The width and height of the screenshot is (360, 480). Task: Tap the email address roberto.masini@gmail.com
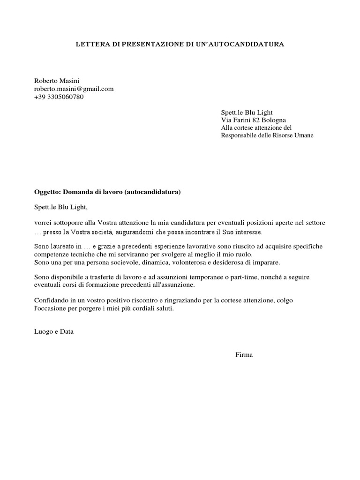pos(74,89)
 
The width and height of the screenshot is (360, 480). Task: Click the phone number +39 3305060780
pos(59,97)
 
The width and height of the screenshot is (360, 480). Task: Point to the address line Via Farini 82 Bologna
pos(253,120)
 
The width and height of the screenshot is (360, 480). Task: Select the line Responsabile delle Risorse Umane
pos(267,135)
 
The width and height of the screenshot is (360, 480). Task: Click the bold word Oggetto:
pos(47,192)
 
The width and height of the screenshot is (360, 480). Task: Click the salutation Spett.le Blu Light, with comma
pos(61,206)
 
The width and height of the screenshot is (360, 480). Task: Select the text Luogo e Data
pos(54,331)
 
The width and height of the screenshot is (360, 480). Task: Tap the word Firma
pos(244,355)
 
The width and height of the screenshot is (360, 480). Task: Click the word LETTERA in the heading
pos(91,45)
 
